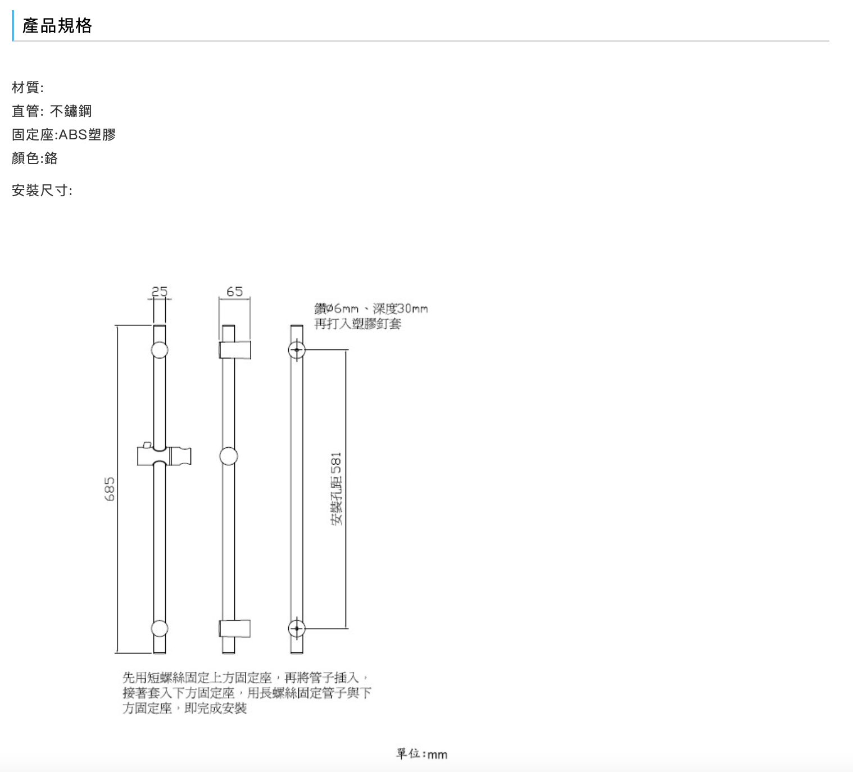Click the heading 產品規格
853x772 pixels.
[x=57, y=26]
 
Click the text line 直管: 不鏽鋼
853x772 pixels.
[x=52, y=111]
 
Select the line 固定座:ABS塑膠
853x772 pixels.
[x=63, y=135]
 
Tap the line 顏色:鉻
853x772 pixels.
[x=35, y=158]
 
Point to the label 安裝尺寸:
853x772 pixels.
[x=42, y=190]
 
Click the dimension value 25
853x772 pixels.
[x=160, y=291]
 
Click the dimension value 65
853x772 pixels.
[x=234, y=291]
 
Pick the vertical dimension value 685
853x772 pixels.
[x=110, y=489]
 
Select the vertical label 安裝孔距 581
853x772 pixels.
[x=336, y=489]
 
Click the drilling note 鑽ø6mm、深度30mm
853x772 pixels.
[x=371, y=308]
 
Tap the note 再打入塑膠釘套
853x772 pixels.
[x=357, y=324]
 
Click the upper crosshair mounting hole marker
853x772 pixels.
[x=297, y=350]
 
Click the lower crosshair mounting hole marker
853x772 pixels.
[x=297, y=628]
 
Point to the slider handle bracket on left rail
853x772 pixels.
[x=164, y=455]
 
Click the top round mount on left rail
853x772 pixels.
[x=160, y=350]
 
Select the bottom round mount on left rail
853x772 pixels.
[x=160, y=628]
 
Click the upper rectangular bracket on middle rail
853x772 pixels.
[x=235, y=349]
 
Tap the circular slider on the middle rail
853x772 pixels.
[x=228, y=456]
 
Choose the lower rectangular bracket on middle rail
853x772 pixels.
[x=235, y=629]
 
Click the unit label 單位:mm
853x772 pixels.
[x=421, y=754]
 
